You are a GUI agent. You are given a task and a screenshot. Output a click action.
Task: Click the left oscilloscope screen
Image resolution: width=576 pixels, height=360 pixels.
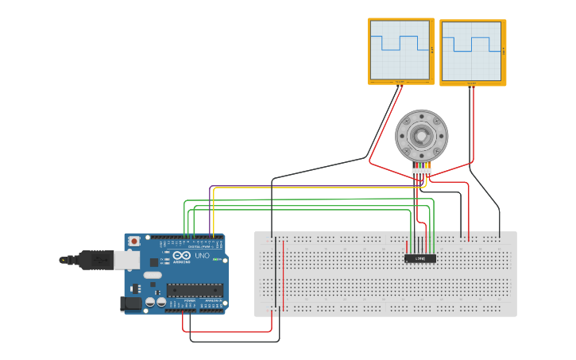[x=400, y=50]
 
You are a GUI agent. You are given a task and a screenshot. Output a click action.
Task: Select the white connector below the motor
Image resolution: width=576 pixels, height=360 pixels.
[x=422, y=172]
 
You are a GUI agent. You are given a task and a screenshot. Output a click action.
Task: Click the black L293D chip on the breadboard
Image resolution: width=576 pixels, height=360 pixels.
[x=420, y=258]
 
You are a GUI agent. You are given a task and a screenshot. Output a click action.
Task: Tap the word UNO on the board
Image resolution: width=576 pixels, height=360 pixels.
[x=203, y=257]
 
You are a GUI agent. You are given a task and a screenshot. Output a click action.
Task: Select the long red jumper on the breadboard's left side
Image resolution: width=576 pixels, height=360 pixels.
[x=284, y=274]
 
